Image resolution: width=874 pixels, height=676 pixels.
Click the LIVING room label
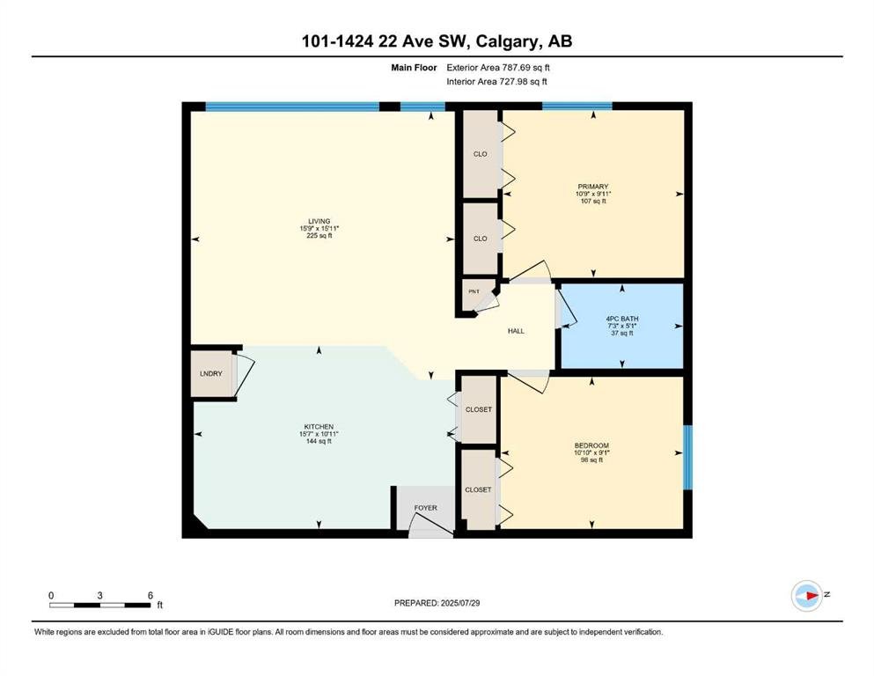click(x=319, y=221)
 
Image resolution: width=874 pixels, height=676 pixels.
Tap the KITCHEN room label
click(x=319, y=427)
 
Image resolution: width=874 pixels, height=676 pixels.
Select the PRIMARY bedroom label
click(x=593, y=187)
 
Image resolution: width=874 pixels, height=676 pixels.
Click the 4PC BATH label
click(x=622, y=319)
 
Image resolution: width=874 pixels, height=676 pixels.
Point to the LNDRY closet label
click(x=210, y=374)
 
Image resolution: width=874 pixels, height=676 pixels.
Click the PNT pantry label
click(x=474, y=291)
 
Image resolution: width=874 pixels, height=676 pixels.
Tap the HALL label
click(x=516, y=331)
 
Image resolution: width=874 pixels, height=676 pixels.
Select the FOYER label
click(x=425, y=508)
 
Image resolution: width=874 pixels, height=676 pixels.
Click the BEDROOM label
click(x=591, y=446)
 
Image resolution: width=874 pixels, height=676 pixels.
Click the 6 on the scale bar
click(x=150, y=595)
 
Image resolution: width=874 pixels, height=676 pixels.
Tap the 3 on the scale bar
click(x=99, y=595)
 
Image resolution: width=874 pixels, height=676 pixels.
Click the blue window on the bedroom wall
click(x=687, y=458)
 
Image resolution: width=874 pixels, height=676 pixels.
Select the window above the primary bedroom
click(x=577, y=106)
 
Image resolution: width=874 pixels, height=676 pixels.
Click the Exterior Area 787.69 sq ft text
click(x=498, y=68)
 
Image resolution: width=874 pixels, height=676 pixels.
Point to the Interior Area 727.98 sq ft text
click(x=496, y=82)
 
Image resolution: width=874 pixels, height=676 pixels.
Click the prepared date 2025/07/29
click(x=459, y=603)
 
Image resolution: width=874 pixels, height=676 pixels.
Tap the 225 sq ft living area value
click(x=319, y=236)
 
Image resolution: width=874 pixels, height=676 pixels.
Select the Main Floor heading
click(x=414, y=68)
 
